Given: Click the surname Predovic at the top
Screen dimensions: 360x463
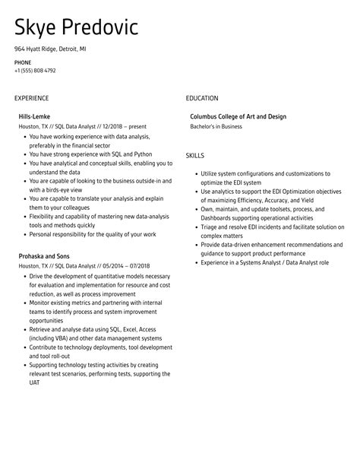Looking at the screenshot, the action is pos(101,28).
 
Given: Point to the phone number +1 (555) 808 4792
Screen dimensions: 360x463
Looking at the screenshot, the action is pos(35,71).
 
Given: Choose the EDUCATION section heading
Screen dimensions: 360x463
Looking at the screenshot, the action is pos(202,98).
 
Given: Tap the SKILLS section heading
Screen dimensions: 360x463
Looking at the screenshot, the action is pos(195,155).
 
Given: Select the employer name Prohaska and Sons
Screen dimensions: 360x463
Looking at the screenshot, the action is pos(44,256).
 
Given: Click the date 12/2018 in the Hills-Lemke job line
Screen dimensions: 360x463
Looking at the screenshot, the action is pos(109,126).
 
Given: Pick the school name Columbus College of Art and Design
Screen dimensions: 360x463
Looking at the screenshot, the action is pos(238,116).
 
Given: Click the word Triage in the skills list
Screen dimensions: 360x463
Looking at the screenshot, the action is pos(210,227).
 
